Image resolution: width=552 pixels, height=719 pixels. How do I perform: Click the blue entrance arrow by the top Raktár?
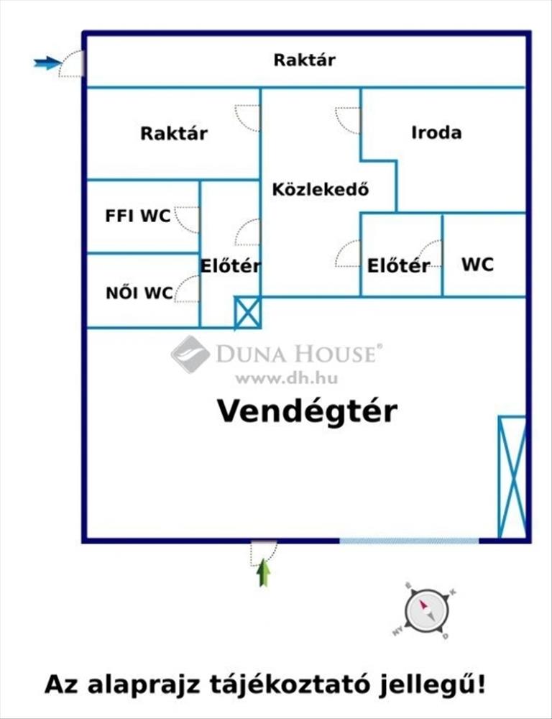pyautogui.click(x=47, y=63)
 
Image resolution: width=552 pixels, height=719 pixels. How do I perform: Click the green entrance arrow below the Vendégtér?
pyautogui.click(x=263, y=572)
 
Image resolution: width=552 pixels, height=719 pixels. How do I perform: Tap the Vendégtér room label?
pyautogui.click(x=307, y=411)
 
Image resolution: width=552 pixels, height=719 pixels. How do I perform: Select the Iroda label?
pyautogui.click(x=436, y=132)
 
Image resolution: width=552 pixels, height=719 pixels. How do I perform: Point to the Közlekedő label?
pyautogui.click(x=321, y=189)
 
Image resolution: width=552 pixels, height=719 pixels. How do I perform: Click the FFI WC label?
pyautogui.click(x=137, y=216)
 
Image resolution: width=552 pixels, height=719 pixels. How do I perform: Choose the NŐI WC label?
pyautogui.click(x=139, y=293)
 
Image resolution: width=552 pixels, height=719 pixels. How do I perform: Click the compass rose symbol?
pyautogui.click(x=426, y=611)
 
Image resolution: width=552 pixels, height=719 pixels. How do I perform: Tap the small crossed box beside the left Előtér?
pyautogui.click(x=247, y=313)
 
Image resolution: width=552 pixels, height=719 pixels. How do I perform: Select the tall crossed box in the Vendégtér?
pyautogui.click(x=512, y=477)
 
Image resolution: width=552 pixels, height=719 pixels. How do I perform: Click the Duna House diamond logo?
pyautogui.click(x=190, y=354)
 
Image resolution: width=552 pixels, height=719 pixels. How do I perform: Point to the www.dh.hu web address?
pyautogui.click(x=287, y=378)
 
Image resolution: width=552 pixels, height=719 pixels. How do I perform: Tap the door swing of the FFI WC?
pyautogui.click(x=187, y=220)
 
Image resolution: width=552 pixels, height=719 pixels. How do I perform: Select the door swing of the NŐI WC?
pyautogui.click(x=187, y=289)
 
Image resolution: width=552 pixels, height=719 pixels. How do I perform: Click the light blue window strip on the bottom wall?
pyautogui.click(x=409, y=541)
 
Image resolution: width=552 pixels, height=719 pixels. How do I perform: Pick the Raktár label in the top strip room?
pyautogui.click(x=305, y=60)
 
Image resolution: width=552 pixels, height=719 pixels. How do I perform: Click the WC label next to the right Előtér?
pyautogui.click(x=477, y=265)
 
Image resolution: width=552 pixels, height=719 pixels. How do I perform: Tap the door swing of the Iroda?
pyautogui.click(x=348, y=121)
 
